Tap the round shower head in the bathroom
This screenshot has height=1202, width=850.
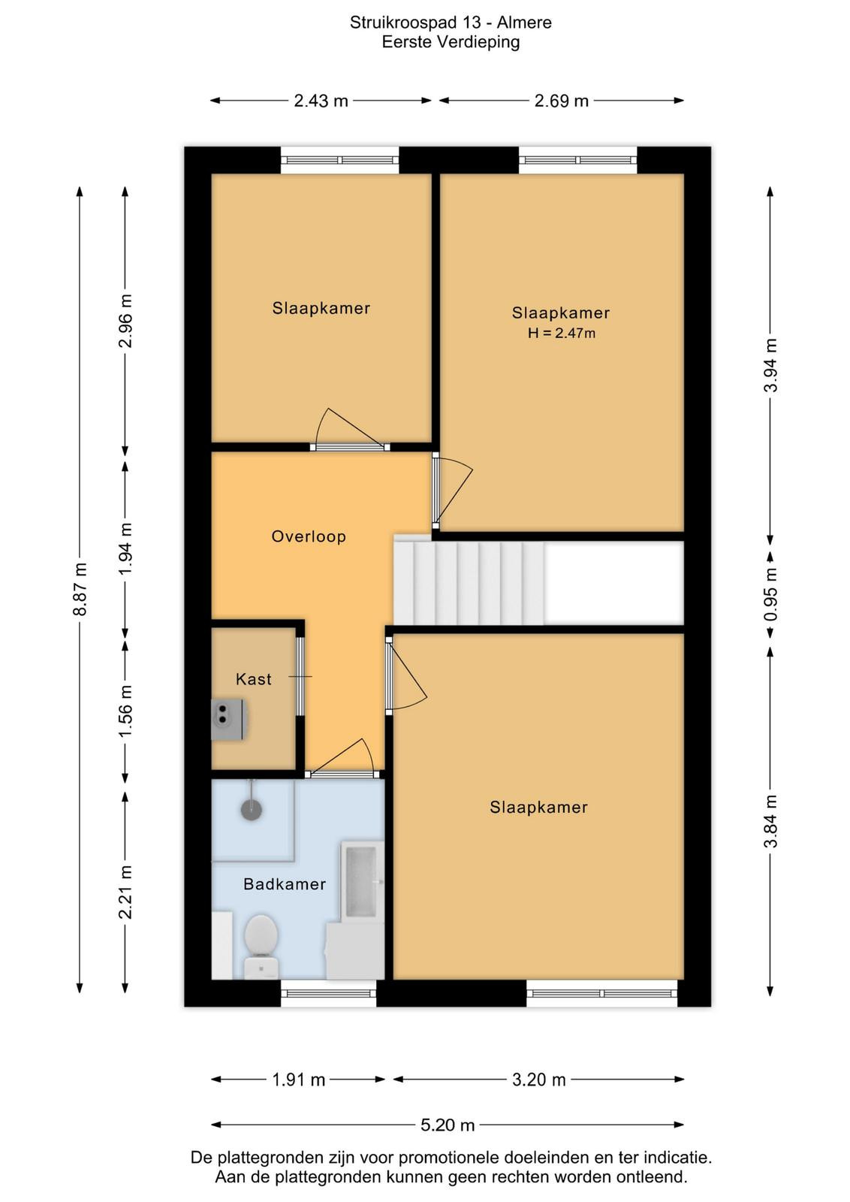tap(252, 809)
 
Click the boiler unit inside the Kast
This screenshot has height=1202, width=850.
tap(229, 720)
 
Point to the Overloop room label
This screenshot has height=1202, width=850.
tap(309, 536)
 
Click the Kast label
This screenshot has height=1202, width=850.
tap(254, 679)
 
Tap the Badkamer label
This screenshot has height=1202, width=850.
tap(285, 883)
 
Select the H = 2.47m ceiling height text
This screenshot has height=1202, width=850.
tap(562, 334)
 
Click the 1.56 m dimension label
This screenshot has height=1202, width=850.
tap(125, 711)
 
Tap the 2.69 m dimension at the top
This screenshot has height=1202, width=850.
tap(562, 101)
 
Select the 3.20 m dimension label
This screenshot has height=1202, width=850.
tap(539, 1079)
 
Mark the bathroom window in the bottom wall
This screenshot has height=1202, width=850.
tap(328, 992)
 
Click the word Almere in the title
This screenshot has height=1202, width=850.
tap(524, 23)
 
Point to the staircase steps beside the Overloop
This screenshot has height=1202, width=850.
tap(469, 583)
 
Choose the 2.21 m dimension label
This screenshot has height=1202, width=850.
tap(125, 891)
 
